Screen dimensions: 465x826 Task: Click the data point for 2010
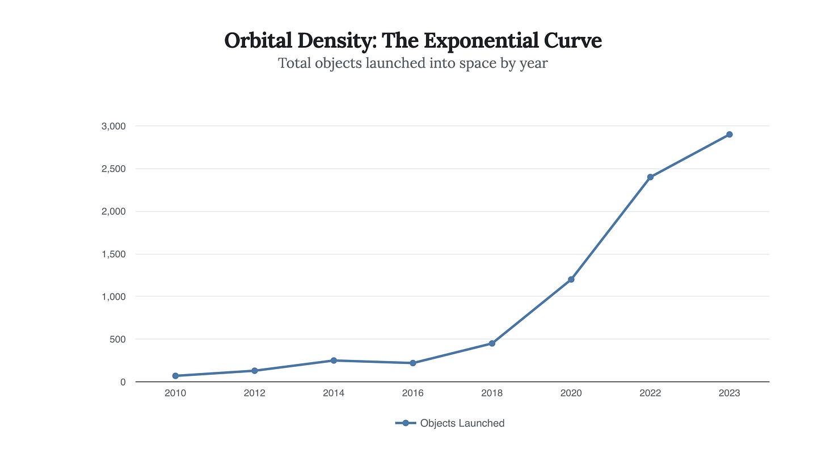click(x=175, y=376)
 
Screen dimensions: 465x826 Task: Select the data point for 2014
click(x=334, y=361)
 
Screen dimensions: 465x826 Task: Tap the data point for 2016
click(x=413, y=363)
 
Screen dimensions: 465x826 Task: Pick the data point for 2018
click(x=492, y=343)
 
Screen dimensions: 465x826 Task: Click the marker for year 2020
click(x=571, y=279)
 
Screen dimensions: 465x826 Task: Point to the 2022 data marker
click(x=650, y=177)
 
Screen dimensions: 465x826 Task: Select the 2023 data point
click(x=730, y=135)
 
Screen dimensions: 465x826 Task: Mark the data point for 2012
click(x=255, y=371)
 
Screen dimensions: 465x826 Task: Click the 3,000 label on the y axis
click(x=113, y=126)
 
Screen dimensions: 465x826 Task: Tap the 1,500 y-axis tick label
click(x=113, y=254)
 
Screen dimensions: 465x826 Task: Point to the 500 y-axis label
click(x=118, y=340)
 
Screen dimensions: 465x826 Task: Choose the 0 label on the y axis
click(x=123, y=382)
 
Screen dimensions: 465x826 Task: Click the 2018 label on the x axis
click(x=492, y=393)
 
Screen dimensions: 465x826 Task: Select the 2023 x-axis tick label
click(x=730, y=393)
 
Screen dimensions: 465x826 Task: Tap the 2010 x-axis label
click(x=175, y=393)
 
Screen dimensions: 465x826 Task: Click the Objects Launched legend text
click(x=462, y=423)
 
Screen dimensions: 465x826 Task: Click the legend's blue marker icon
click(x=406, y=423)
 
